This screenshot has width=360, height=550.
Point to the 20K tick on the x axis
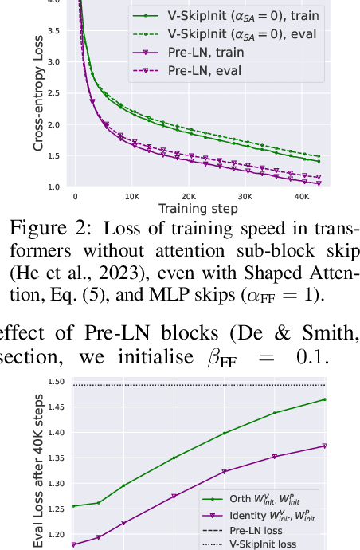coord(187,196)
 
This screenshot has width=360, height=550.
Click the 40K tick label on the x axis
coord(300,196)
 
